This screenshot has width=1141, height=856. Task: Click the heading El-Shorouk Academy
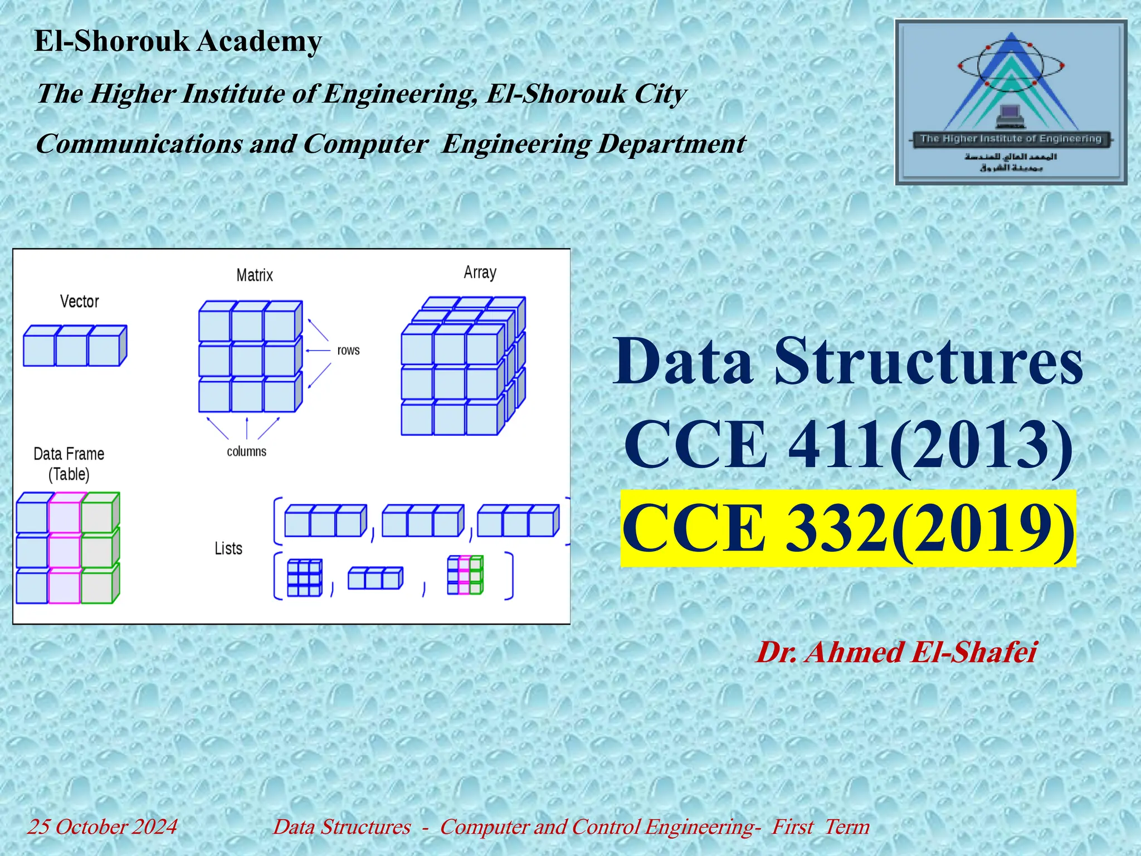click(178, 41)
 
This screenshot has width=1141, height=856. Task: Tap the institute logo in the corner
click(1011, 102)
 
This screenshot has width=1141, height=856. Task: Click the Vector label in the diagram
click(79, 301)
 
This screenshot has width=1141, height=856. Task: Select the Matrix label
click(255, 275)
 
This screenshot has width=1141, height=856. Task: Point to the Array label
click(480, 273)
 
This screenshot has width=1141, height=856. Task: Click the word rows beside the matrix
click(348, 351)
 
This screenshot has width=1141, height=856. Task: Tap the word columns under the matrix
click(246, 451)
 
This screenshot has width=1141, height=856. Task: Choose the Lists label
click(228, 548)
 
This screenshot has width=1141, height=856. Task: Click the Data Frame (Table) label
click(69, 464)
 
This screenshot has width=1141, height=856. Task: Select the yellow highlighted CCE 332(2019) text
click(848, 528)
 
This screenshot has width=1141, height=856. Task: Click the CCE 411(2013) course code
click(848, 444)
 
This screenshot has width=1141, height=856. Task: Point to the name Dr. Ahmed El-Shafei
click(896, 652)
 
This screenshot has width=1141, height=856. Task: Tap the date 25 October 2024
click(103, 826)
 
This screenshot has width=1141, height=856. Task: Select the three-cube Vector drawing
click(75, 346)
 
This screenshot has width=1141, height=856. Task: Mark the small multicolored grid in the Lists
click(465, 575)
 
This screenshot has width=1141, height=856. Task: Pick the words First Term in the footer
click(820, 826)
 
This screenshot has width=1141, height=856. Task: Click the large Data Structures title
click(848, 361)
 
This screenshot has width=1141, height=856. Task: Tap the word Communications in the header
click(139, 144)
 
